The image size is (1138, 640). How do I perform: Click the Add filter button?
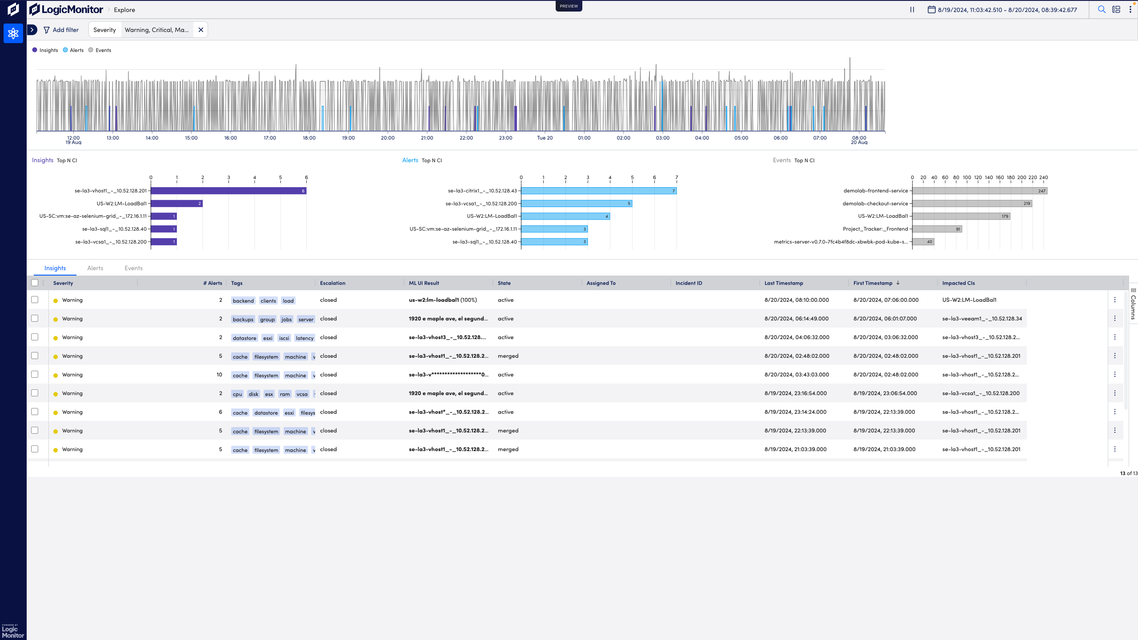(61, 30)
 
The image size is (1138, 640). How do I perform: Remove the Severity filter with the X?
(201, 30)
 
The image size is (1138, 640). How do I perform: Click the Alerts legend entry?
(73, 50)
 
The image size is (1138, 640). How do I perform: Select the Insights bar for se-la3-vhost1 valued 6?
(228, 191)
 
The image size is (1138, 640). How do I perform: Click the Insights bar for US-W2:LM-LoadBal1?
(176, 204)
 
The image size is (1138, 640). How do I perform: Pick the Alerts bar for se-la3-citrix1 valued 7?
(598, 191)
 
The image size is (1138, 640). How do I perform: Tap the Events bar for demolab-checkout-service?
(972, 204)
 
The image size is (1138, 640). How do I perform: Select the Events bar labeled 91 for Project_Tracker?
(937, 229)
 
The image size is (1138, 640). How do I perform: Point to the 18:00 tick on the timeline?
(309, 138)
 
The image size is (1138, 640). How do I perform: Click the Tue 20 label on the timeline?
(545, 138)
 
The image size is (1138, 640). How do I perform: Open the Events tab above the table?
(133, 268)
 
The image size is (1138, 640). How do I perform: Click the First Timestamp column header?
(873, 283)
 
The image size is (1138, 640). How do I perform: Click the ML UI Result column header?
(424, 283)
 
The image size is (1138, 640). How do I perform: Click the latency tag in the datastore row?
(305, 338)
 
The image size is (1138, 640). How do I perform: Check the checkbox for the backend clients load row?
(35, 300)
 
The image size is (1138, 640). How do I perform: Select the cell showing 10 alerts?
(219, 375)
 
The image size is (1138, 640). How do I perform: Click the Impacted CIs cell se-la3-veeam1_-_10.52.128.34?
(982, 319)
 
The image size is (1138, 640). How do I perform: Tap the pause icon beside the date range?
(912, 10)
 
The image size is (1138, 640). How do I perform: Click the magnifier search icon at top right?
(1102, 10)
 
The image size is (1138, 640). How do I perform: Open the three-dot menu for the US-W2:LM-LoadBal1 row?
(1114, 300)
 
